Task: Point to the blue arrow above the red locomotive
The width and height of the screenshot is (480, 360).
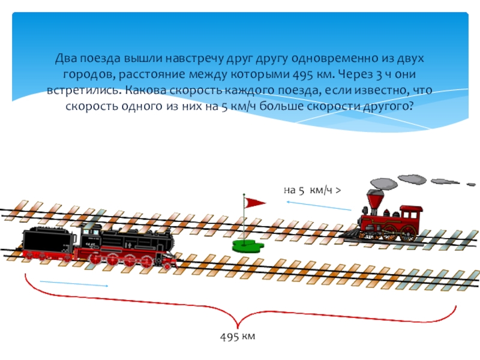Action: pyautogui.click(x=318, y=206)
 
